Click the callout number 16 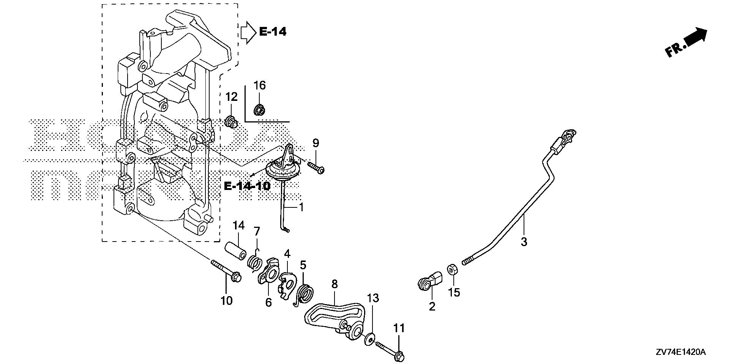[x=260, y=86]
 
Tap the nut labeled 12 [x=230, y=122]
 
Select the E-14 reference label [x=273, y=31]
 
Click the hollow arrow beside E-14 [x=248, y=31]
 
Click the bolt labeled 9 [x=316, y=167]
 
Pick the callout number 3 [x=524, y=242]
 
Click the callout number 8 [x=334, y=284]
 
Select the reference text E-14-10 [x=247, y=186]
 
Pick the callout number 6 [x=268, y=303]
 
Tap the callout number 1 [x=301, y=207]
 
